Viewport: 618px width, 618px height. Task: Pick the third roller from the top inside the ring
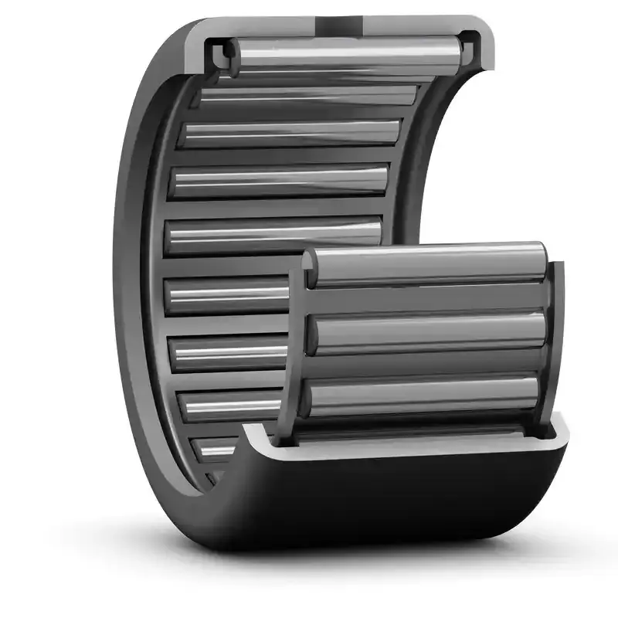[x=290, y=133]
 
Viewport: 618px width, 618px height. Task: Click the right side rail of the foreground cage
[x=555, y=340]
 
